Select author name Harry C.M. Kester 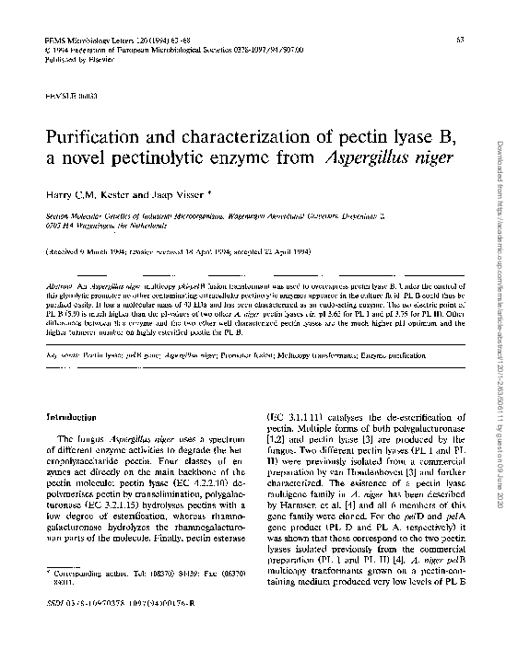88,194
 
